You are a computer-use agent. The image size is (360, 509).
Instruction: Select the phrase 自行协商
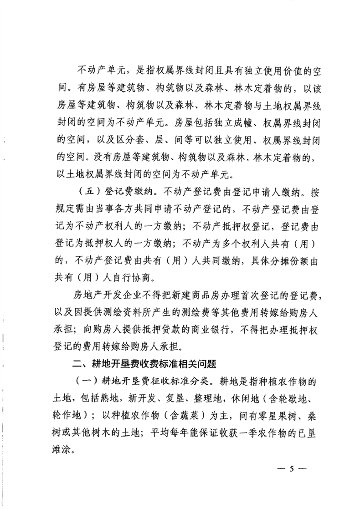pyautogui.click(x=129, y=276)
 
